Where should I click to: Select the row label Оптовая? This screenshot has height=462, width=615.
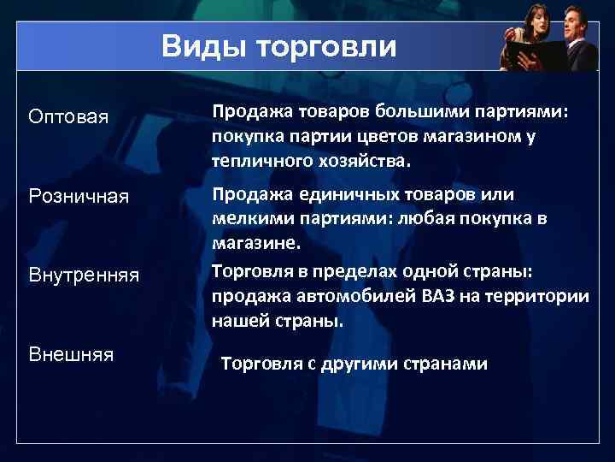68,115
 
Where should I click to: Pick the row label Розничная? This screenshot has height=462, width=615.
79,198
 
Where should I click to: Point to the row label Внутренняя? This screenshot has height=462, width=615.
83,275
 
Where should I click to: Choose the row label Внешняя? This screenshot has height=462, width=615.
71,353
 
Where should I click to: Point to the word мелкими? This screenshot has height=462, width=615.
249,219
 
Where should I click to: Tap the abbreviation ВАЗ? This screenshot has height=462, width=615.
436,297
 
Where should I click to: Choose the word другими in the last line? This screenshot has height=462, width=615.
348,364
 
